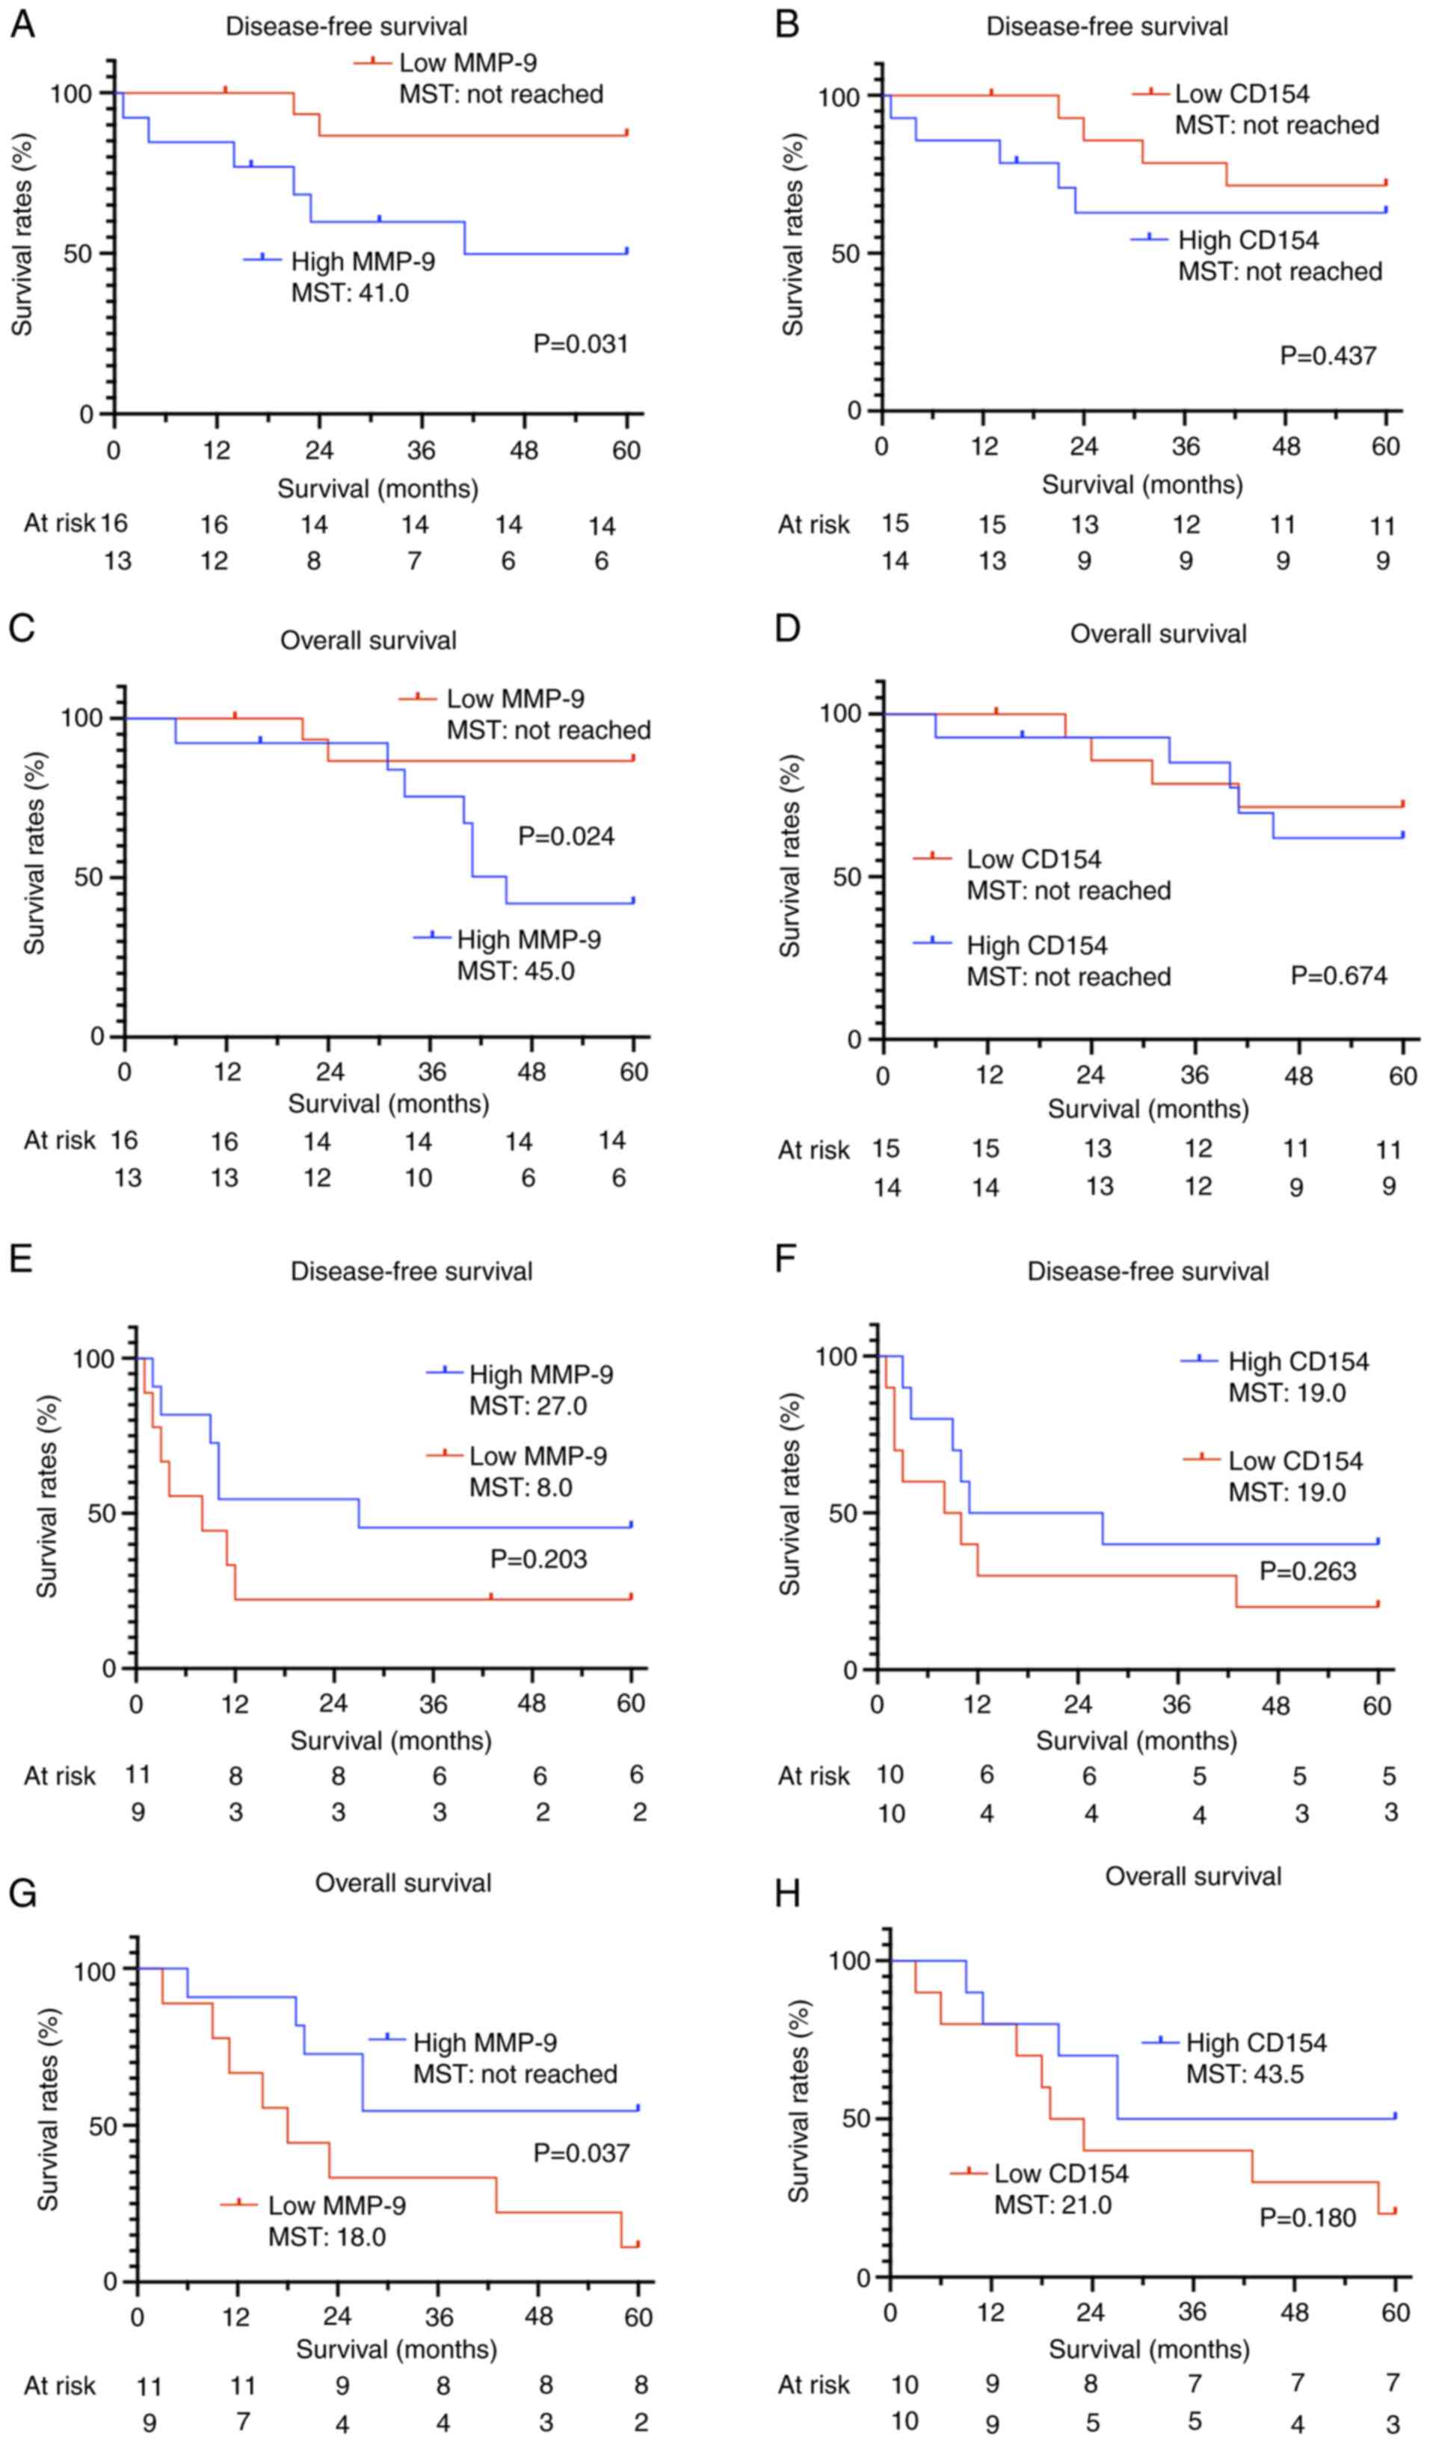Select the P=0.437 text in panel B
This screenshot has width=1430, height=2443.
point(1328,356)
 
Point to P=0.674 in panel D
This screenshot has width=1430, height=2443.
point(1339,975)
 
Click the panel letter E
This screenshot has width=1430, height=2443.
point(22,1259)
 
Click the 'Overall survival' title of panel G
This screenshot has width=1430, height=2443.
point(404,1883)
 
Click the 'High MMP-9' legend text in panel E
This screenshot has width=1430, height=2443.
point(541,1374)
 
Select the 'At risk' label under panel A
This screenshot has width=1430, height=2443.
point(59,523)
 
